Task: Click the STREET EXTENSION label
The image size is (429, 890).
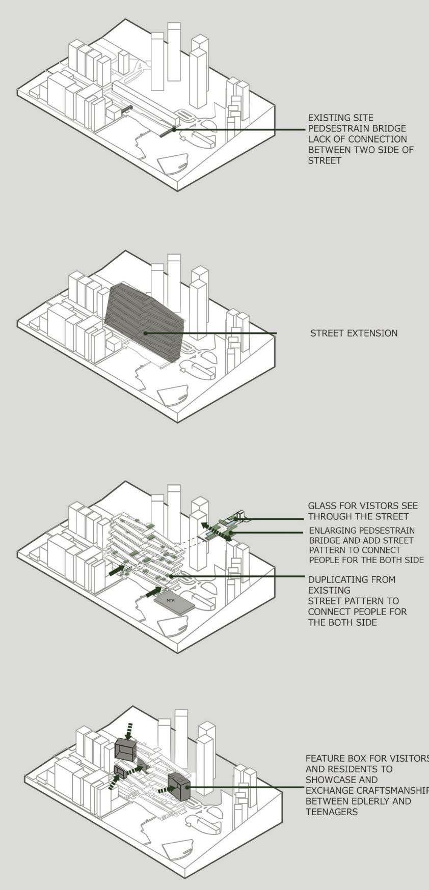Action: [x=354, y=333]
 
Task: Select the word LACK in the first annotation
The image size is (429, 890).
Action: [x=319, y=139]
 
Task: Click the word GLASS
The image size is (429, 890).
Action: [x=321, y=506]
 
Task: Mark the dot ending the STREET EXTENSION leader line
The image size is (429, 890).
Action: [x=145, y=333]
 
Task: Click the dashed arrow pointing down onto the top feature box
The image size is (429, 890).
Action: [x=129, y=730]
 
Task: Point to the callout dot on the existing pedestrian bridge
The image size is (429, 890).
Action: [x=174, y=129]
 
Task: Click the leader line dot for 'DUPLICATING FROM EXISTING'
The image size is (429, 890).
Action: [x=171, y=576]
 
